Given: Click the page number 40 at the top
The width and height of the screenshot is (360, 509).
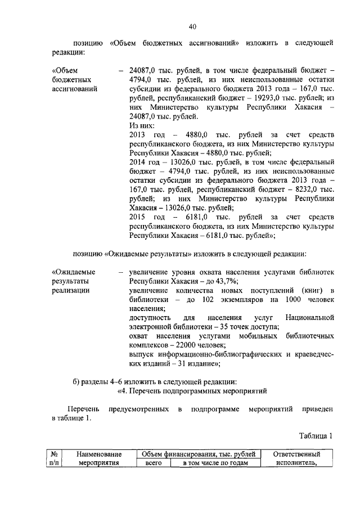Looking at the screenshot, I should (192, 26).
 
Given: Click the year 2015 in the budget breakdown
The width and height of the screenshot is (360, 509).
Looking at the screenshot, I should (137, 217).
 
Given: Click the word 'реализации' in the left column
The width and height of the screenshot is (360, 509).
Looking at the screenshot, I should (70, 290).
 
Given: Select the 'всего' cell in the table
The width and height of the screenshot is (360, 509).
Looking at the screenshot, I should (154, 463).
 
